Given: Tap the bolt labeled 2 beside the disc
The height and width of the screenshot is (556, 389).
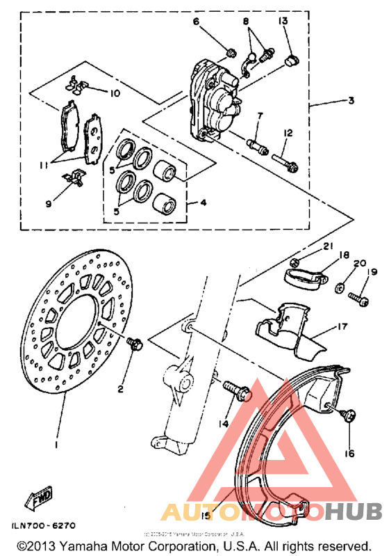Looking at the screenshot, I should click(134, 342).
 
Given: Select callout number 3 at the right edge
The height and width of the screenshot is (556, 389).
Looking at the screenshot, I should click(351, 100).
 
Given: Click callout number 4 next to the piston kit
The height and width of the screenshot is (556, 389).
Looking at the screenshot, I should click(204, 204).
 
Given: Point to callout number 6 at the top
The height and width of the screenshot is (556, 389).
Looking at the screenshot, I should click(196, 21).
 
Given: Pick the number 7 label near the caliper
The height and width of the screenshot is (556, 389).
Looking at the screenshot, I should click(259, 115).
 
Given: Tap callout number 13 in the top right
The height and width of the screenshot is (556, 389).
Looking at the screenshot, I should click(283, 22).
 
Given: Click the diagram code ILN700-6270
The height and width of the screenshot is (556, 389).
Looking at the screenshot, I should click(42, 526).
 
